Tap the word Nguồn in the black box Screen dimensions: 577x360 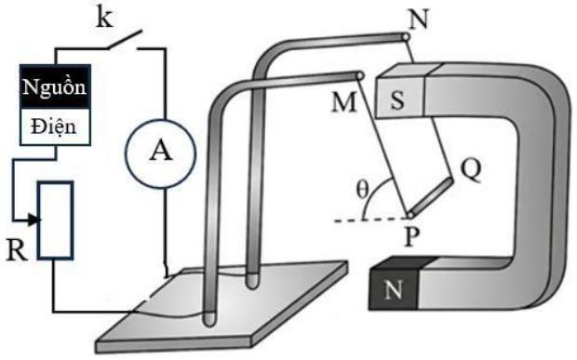click(x=55, y=87)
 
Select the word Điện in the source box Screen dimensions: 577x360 click(x=54, y=127)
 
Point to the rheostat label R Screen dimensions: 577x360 click(x=17, y=250)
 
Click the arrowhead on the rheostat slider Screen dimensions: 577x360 click(x=34, y=220)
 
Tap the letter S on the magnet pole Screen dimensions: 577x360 click(x=397, y=100)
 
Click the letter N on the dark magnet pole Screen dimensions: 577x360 click(x=393, y=289)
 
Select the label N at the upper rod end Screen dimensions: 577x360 click(x=419, y=20)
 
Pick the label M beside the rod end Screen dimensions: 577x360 click(x=343, y=101)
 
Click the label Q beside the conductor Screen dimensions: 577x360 click(x=471, y=170)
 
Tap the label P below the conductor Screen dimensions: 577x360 click(x=412, y=237)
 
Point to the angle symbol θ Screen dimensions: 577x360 click(x=362, y=190)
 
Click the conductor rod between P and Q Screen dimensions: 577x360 click(x=430, y=197)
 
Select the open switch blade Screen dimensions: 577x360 click(x=125, y=39)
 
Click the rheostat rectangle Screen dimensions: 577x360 click(x=56, y=220)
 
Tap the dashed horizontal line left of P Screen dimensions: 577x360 click(x=369, y=220)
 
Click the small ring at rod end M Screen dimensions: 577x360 click(x=360, y=75)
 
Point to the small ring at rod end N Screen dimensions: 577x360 click(x=406, y=37)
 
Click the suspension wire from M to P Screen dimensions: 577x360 click(x=384, y=146)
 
